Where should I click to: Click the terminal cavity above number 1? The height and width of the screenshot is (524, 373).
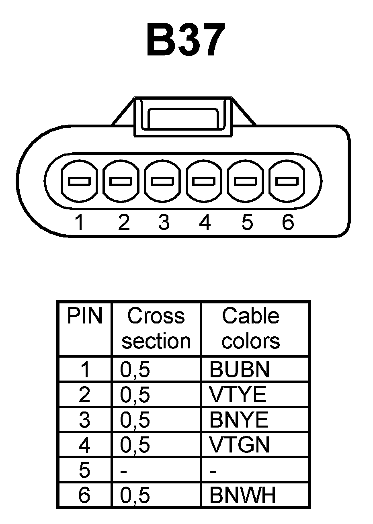click(79, 181)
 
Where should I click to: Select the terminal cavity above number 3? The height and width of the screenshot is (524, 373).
click(162, 181)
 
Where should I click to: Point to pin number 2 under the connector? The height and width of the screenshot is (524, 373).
click(124, 222)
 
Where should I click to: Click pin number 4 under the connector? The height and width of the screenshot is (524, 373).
click(205, 222)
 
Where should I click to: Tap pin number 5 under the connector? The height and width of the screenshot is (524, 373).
click(247, 222)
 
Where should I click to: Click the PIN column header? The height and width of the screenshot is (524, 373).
click(84, 316)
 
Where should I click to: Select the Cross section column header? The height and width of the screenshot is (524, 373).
click(156, 328)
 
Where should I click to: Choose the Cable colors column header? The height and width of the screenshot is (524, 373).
click(250, 328)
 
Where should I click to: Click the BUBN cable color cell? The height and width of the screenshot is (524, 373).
click(240, 370)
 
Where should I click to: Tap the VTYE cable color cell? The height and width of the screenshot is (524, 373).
click(238, 395)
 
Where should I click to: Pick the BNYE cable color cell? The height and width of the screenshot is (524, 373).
click(239, 420)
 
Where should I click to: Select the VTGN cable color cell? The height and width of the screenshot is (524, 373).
click(239, 445)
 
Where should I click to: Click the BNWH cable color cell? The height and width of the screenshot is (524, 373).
click(243, 495)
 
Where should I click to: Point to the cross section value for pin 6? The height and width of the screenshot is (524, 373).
click(135, 496)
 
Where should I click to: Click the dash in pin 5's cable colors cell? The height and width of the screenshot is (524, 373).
click(213, 471)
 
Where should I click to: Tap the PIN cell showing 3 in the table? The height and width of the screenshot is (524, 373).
click(84, 420)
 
